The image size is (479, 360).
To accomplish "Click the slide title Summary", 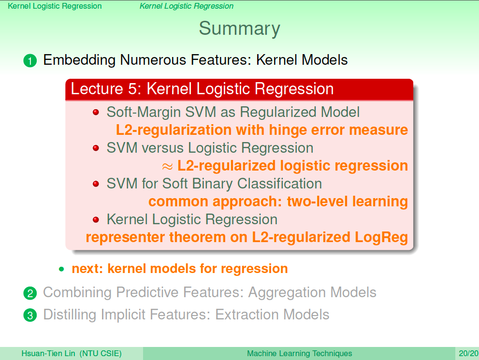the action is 240,29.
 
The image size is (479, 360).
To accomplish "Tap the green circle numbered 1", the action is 30,60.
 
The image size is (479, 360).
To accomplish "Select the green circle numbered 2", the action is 30,293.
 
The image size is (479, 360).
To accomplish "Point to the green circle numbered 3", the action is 30,316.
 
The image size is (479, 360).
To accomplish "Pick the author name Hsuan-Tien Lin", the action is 48,353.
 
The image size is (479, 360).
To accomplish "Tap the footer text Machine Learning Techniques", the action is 299,353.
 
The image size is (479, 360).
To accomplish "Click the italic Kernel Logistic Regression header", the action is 187,6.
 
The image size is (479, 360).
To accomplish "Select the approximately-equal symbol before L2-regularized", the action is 167,166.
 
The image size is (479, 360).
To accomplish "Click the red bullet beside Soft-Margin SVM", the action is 96,113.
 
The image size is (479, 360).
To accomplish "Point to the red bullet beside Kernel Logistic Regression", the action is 96,219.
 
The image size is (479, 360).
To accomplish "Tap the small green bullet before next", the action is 61,269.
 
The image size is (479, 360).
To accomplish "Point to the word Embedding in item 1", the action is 79,60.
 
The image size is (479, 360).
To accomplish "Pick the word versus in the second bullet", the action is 162,148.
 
